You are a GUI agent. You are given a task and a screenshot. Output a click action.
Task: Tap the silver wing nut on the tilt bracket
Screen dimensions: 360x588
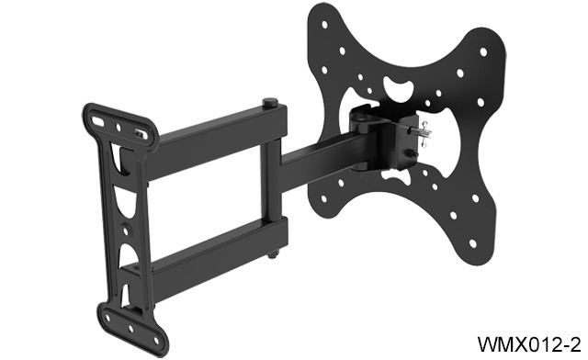point(424,131)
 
